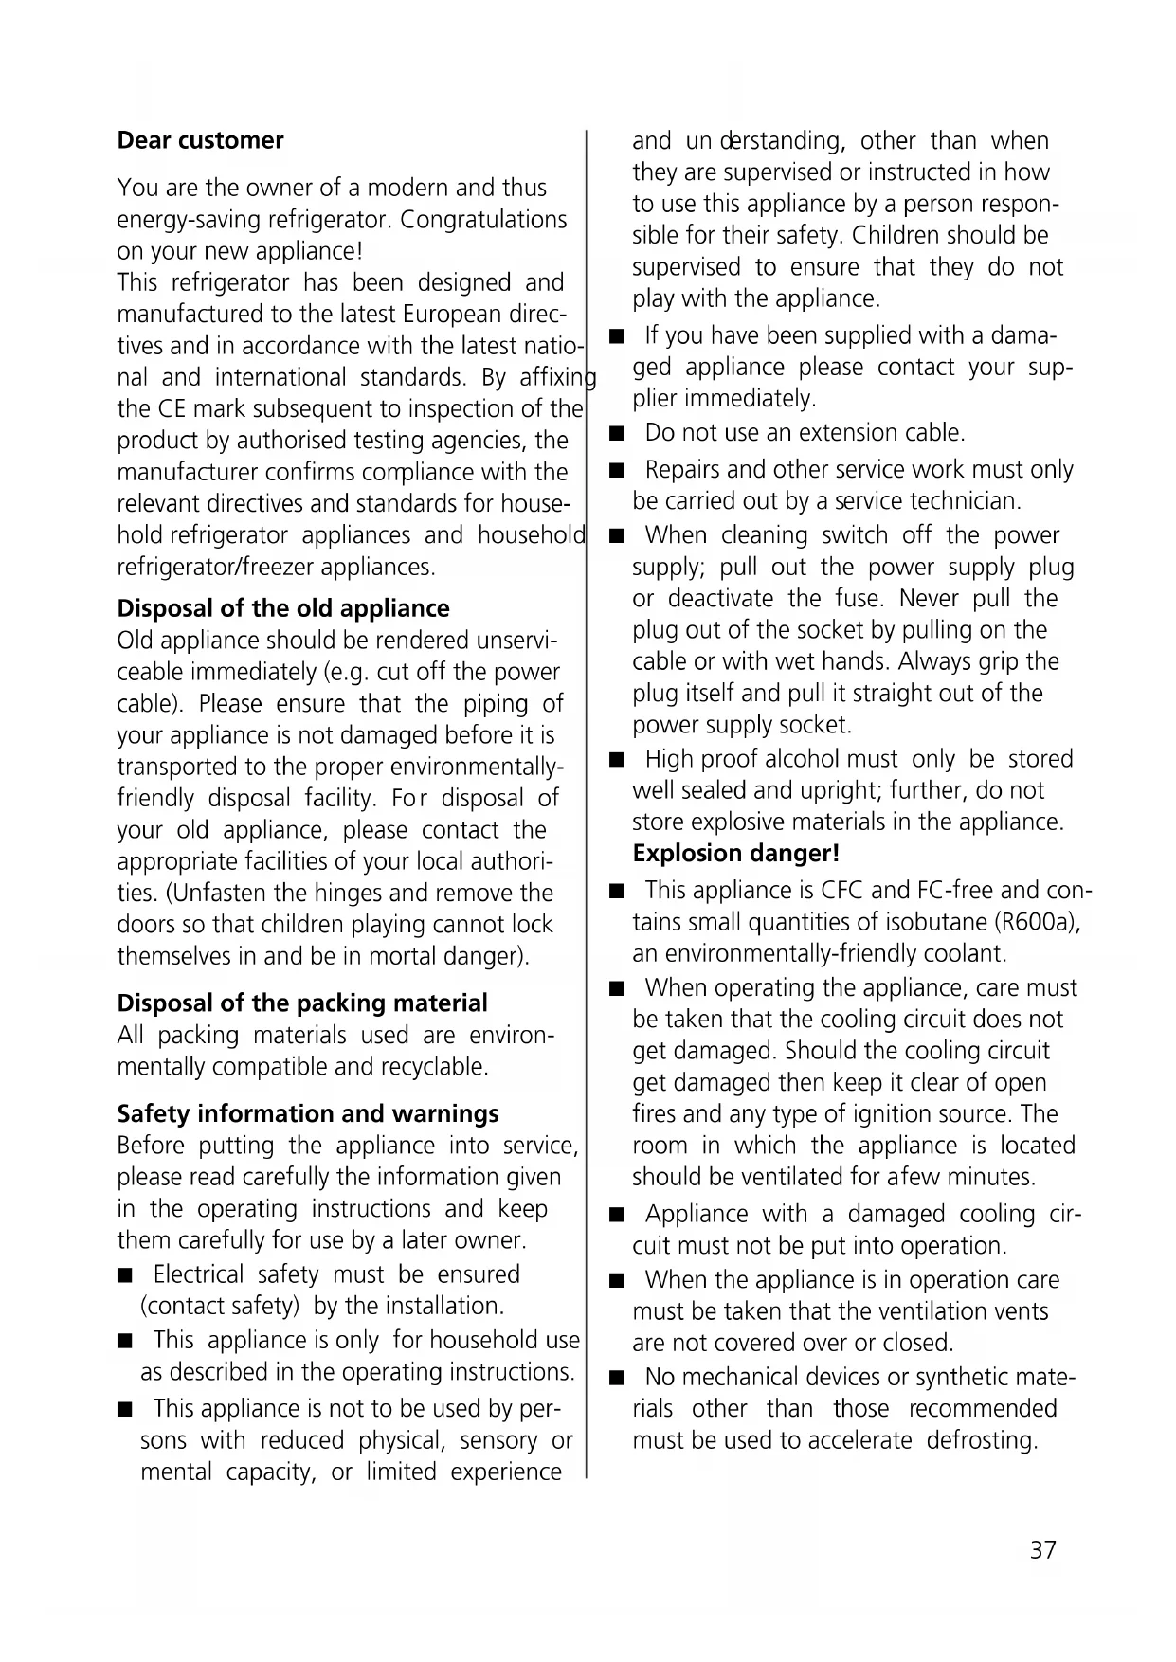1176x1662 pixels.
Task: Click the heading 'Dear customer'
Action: click(x=200, y=141)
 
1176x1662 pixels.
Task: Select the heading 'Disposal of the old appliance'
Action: click(x=283, y=608)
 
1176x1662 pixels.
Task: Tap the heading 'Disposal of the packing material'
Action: click(x=302, y=1003)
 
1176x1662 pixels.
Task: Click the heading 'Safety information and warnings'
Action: click(x=308, y=1114)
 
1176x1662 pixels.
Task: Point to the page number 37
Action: click(x=1042, y=1550)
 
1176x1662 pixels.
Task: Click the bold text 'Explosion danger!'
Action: click(x=736, y=854)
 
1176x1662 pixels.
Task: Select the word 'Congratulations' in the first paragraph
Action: click(x=483, y=220)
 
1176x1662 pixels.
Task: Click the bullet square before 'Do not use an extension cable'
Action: click(x=617, y=435)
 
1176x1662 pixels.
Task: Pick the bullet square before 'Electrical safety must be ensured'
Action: click(x=124, y=1276)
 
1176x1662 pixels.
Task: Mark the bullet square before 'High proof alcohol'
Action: click(x=617, y=761)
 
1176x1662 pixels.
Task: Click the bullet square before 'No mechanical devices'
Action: click(x=617, y=1379)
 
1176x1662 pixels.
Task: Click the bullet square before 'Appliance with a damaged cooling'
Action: click(x=617, y=1216)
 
